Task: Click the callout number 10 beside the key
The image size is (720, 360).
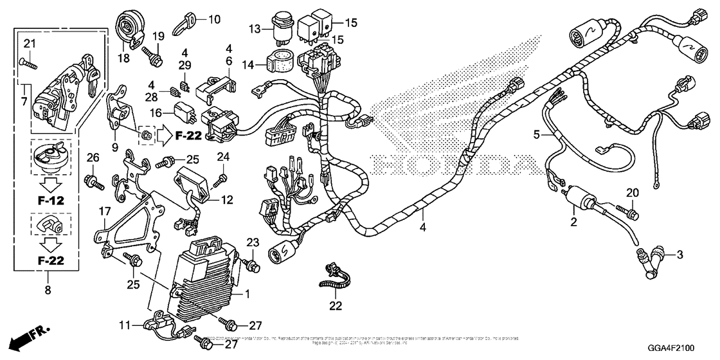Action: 213,19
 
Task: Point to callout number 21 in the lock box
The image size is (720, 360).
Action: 28,44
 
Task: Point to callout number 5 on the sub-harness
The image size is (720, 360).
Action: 537,135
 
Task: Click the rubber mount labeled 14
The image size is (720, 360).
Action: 283,59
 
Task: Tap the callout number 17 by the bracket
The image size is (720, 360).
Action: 105,211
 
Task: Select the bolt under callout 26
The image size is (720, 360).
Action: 94,182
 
